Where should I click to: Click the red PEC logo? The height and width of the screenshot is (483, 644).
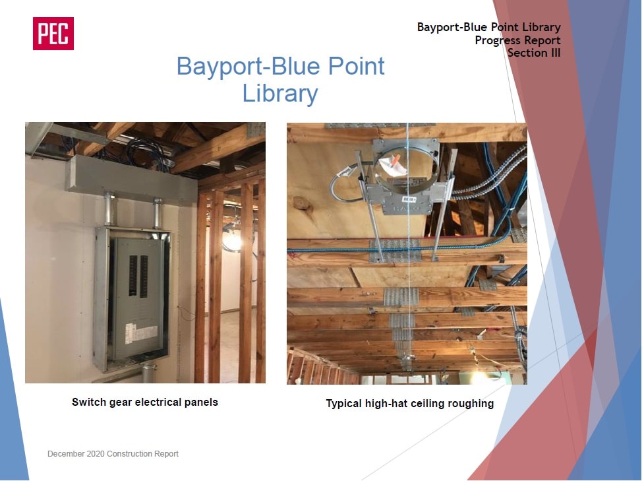[53, 34]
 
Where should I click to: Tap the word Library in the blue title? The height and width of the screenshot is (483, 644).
[280, 94]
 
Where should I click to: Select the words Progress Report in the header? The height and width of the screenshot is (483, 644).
[517, 40]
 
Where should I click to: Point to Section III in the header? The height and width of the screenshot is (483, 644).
[534, 53]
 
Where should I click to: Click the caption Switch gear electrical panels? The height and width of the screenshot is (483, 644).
[145, 402]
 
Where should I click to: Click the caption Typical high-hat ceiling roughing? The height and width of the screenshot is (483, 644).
[410, 403]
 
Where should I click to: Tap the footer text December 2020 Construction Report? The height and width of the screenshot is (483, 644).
[113, 454]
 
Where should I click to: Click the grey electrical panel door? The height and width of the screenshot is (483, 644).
[138, 298]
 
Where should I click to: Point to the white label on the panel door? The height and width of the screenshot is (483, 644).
[142, 333]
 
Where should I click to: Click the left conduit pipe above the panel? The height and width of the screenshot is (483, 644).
[110, 209]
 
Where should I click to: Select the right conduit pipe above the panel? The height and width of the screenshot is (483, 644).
[158, 213]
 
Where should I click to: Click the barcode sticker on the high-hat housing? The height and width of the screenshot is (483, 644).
[409, 199]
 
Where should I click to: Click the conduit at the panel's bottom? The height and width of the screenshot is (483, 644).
[148, 372]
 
